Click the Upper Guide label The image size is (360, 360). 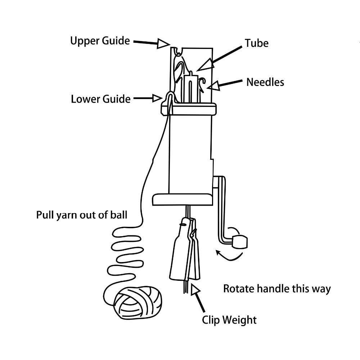click(x=100, y=41)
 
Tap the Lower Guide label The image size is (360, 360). click(x=100, y=99)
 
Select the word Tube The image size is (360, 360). click(x=257, y=43)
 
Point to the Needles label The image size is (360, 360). click(x=265, y=82)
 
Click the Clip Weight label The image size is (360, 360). click(x=229, y=320)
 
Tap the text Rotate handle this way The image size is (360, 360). click(x=277, y=289)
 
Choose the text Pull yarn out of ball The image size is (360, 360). click(x=82, y=215)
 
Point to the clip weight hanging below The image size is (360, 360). click(x=185, y=252)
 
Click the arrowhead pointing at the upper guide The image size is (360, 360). click(x=163, y=44)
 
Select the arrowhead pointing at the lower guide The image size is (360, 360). click(x=157, y=98)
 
